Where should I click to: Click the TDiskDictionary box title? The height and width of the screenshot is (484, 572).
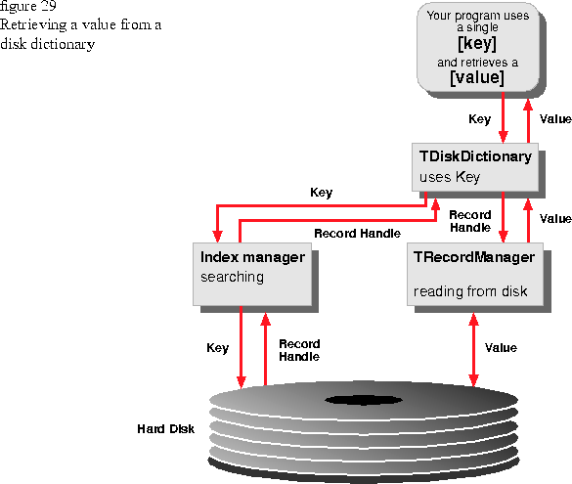(x=475, y=156)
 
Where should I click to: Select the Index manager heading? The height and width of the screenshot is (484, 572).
(x=252, y=257)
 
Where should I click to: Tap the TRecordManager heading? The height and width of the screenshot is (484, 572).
(x=474, y=257)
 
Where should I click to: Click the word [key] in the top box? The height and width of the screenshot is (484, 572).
(x=477, y=44)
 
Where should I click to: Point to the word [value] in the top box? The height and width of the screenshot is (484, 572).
(x=477, y=77)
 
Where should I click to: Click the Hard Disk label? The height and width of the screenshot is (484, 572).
(x=165, y=429)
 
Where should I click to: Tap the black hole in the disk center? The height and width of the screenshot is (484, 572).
(x=364, y=400)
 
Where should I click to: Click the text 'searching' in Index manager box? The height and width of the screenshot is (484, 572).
(x=232, y=277)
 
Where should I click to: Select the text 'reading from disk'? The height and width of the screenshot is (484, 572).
(x=470, y=291)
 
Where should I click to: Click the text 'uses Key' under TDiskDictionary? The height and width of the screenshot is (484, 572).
(x=450, y=177)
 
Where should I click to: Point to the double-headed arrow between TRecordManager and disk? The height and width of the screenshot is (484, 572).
(x=473, y=350)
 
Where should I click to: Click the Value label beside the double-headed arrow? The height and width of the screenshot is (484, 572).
(x=501, y=347)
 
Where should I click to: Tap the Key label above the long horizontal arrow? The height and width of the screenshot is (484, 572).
(x=321, y=193)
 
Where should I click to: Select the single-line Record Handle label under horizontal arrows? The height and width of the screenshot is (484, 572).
(x=357, y=234)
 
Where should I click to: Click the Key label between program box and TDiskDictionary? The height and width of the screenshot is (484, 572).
(x=479, y=119)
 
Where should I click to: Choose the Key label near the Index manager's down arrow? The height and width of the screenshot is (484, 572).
(x=217, y=347)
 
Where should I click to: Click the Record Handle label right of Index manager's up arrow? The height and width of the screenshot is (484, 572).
(x=299, y=350)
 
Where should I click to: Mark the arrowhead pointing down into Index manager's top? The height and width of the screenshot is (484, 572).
(x=217, y=237)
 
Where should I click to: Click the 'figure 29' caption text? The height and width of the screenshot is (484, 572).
(x=27, y=6)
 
